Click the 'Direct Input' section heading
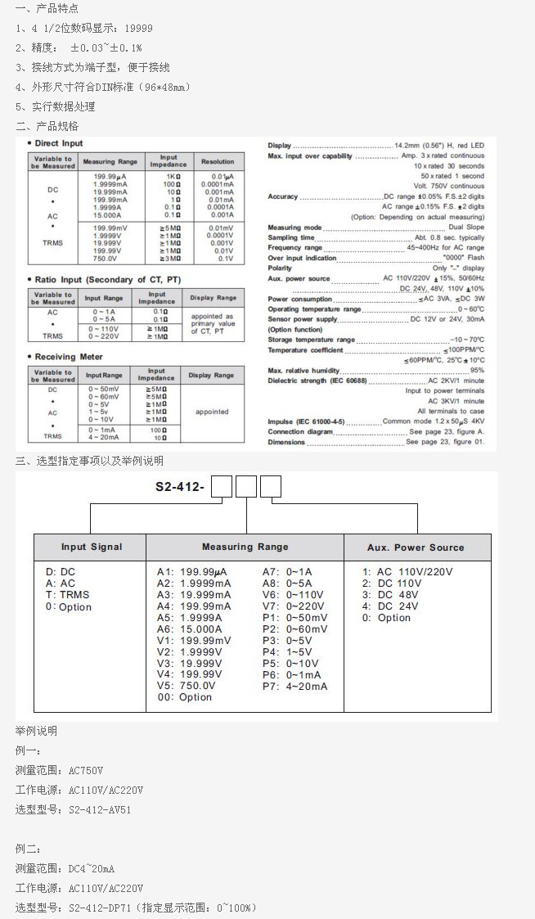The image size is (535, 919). tap(59, 143)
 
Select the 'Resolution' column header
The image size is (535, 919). tap(218, 162)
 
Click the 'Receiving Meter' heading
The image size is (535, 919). tap(68, 357)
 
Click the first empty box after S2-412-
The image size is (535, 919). tap(223, 488)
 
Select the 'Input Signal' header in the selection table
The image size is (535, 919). tap(92, 547)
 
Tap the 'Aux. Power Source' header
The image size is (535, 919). tap(416, 547)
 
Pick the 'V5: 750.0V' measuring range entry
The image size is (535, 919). tap(187, 686)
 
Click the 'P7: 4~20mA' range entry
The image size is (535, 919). tap(294, 686)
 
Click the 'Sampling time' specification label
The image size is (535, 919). tap(291, 237)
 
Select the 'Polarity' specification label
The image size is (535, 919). tap(280, 268)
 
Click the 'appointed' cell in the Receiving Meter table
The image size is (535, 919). tap(212, 412)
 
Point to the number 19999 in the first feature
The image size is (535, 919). tap(138, 28)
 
